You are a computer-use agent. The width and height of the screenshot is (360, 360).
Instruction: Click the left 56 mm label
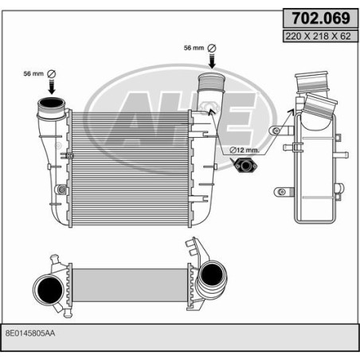pyautogui.click(x=34, y=74)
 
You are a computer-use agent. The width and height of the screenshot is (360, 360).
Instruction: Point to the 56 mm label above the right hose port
pyautogui.click(x=194, y=48)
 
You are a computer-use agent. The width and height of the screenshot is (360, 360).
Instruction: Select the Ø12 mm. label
pyautogui.click(x=246, y=150)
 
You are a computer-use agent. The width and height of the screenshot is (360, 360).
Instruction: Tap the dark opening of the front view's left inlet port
pyautogui.click(x=50, y=108)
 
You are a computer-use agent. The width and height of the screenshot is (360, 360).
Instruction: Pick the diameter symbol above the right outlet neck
pyautogui.click(x=212, y=48)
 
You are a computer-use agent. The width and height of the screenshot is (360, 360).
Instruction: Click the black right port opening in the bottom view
pyautogui.click(x=211, y=276)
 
